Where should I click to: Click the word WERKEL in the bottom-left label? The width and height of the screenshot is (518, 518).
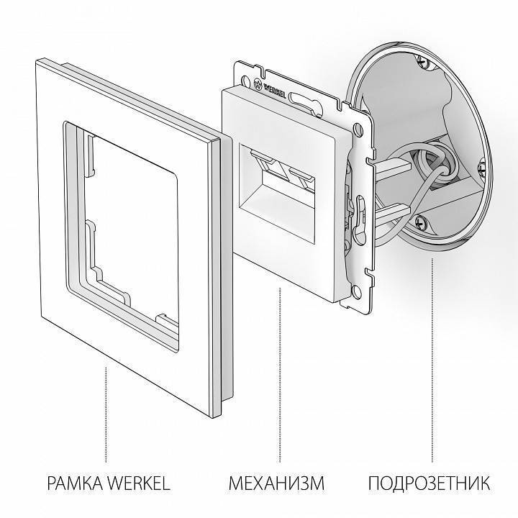click(x=142, y=481)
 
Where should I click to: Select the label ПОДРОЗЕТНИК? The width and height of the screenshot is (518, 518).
click(x=431, y=481)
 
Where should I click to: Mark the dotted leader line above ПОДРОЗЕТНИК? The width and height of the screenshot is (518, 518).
click(x=432, y=360)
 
